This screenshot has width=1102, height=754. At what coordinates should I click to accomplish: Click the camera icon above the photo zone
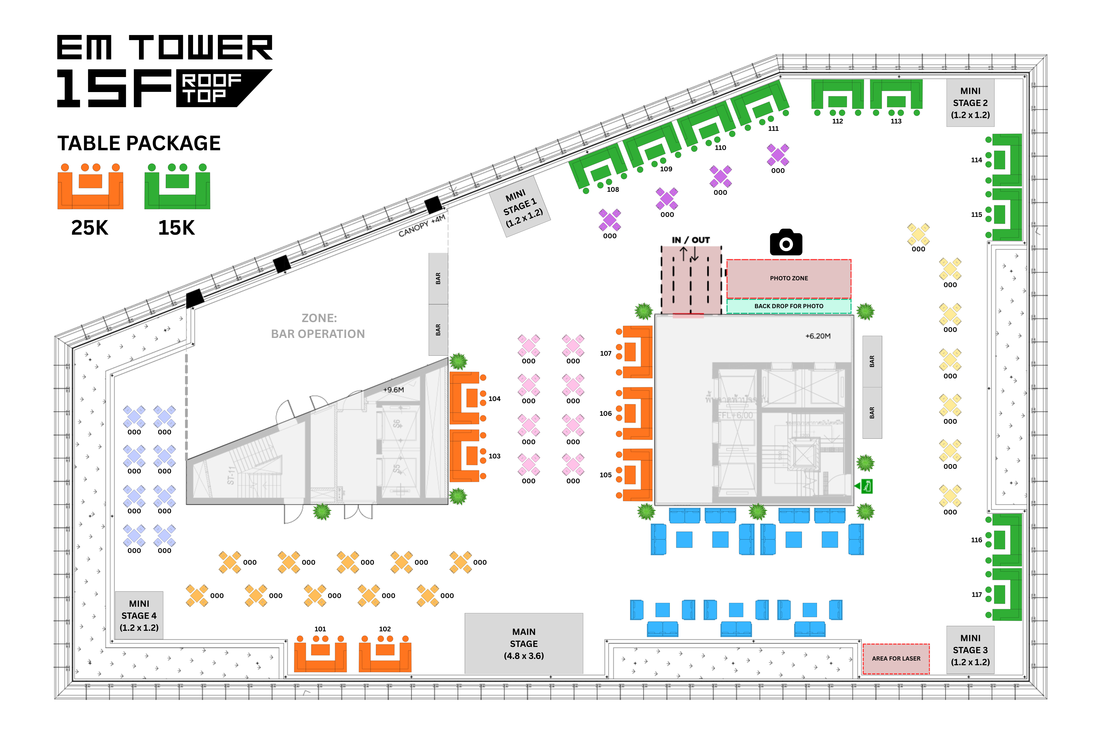[x=786, y=243]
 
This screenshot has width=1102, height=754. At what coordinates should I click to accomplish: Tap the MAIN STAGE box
[x=523, y=643]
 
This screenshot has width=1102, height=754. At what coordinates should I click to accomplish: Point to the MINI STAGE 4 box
[x=139, y=615]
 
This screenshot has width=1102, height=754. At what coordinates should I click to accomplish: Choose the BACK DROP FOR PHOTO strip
[x=789, y=306]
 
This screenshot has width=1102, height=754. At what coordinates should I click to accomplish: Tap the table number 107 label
[x=606, y=354]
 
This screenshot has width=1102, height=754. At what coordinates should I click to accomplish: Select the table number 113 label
[x=896, y=122]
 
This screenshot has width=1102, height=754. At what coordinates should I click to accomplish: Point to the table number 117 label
[x=976, y=594]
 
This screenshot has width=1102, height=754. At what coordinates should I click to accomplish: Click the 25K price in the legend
[x=90, y=228]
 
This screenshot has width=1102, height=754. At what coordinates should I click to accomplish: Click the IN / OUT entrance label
[x=691, y=240]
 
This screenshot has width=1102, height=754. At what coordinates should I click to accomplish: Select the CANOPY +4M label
[x=422, y=225]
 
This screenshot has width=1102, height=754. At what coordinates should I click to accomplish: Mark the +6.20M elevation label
[x=817, y=336]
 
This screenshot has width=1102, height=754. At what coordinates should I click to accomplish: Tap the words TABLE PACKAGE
[x=139, y=143]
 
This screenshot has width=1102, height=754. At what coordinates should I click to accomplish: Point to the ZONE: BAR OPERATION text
[x=318, y=326]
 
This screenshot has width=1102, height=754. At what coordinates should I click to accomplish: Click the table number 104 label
[x=494, y=399]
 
